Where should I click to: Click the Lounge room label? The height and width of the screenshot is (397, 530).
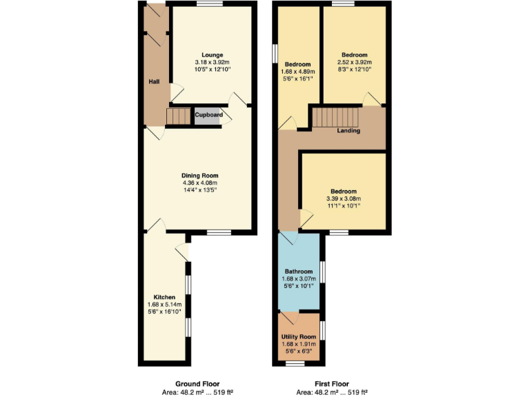point(212,54)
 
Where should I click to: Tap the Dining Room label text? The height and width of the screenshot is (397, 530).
point(199,176)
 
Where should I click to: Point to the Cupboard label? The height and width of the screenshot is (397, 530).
point(208,115)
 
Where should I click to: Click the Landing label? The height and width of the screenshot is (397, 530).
point(349,130)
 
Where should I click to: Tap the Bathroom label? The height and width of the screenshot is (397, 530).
point(299,272)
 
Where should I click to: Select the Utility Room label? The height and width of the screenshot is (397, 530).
point(299,336)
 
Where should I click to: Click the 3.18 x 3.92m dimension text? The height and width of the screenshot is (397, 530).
point(212,62)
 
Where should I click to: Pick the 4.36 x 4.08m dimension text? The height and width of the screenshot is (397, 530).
point(199,183)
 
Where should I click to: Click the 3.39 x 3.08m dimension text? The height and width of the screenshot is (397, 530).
point(344,198)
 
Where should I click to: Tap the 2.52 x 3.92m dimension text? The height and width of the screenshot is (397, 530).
point(354,62)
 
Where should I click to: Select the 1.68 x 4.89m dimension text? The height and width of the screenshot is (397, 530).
point(299,71)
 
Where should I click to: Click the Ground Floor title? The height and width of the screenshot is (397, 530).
point(197,384)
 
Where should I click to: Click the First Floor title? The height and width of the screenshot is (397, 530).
point(332,384)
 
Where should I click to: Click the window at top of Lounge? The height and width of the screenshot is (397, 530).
point(209,5)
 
